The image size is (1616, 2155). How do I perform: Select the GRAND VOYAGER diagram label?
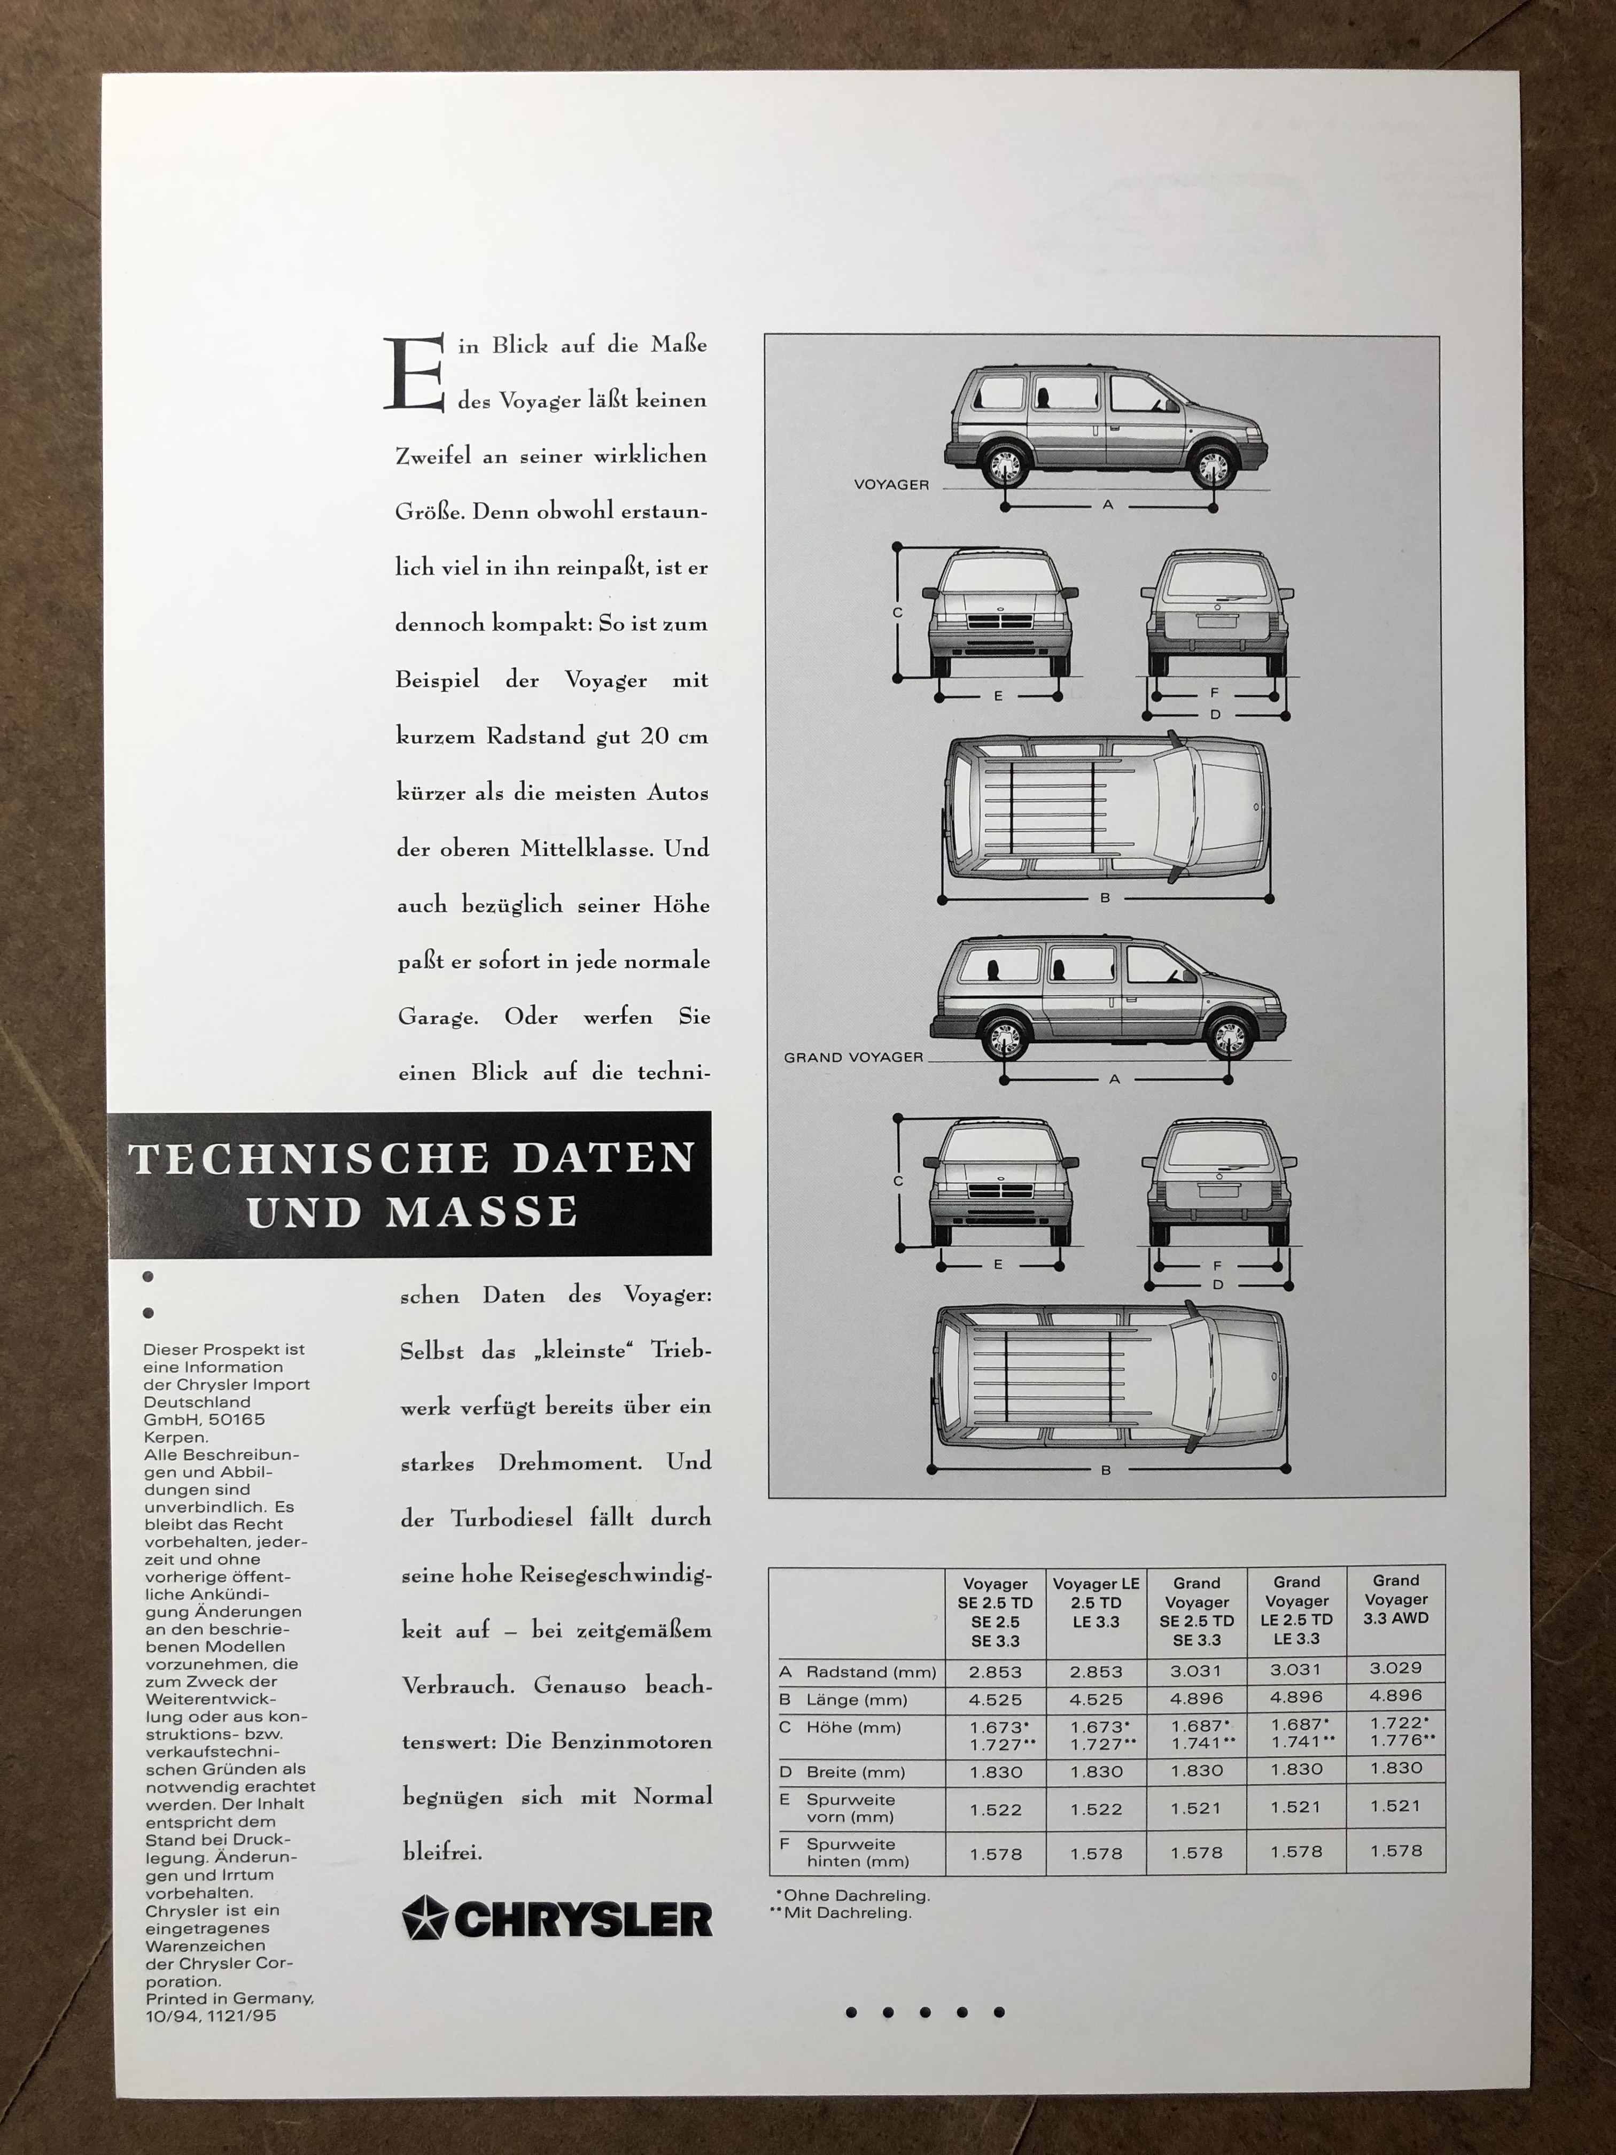853,1057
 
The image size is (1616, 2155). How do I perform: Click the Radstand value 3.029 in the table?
1396,1668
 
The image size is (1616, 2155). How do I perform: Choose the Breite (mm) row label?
855,1772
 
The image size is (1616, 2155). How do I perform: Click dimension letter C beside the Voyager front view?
897,613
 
